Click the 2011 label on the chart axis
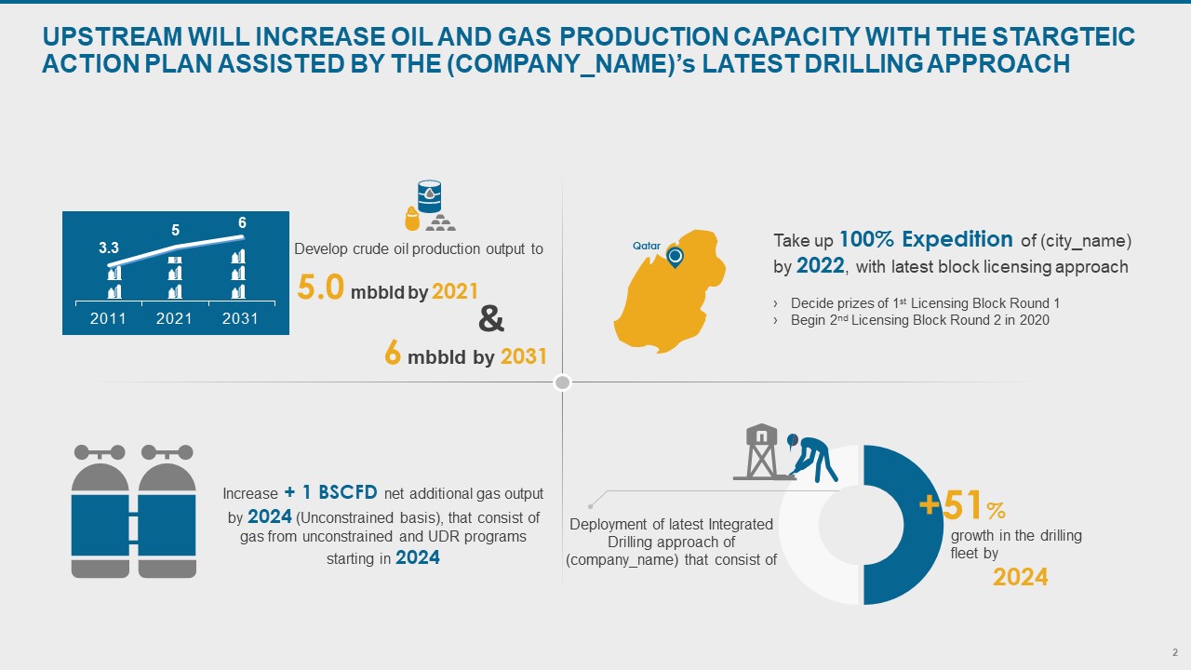[x=108, y=318]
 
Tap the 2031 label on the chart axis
[x=240, y=318]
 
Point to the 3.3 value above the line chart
[x=109, y=248]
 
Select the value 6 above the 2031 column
[x=242, y=222]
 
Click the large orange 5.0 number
[x=321, y=288]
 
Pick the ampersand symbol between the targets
[x=490, y=319]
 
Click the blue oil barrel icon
[x=430, y=196]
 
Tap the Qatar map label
[x=647, y=246]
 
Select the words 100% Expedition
[x=926, y=239]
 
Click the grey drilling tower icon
[x=761, y=452]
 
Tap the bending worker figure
[x=812, y=459]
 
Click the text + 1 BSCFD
[x=330, y=492]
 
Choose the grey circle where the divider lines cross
[x=563, y=382]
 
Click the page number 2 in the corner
[x=1175, y=652]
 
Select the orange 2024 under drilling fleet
[x=1021, y=577]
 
